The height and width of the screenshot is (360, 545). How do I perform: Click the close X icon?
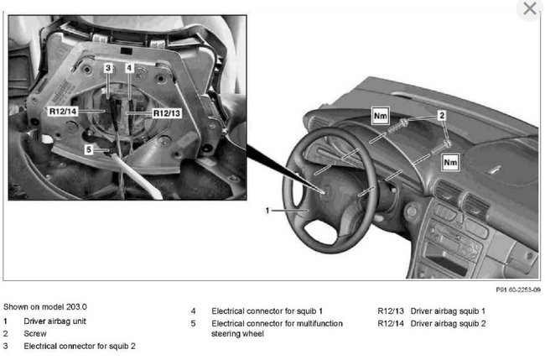pyautogui.click(x=529, y=9)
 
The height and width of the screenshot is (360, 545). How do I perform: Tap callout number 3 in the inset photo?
pyautogui.click(x=108, y=65)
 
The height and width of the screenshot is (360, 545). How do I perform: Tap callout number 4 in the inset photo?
pyautogui.click(x=129, y=65)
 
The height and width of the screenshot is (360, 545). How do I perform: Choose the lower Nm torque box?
pyautogui.click(x=449, y=159)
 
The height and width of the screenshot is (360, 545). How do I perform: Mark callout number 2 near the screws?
pyautogui.click(x=442, y=113)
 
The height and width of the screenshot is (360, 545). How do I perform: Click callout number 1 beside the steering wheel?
pyautogui.click(x=268, y=211)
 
